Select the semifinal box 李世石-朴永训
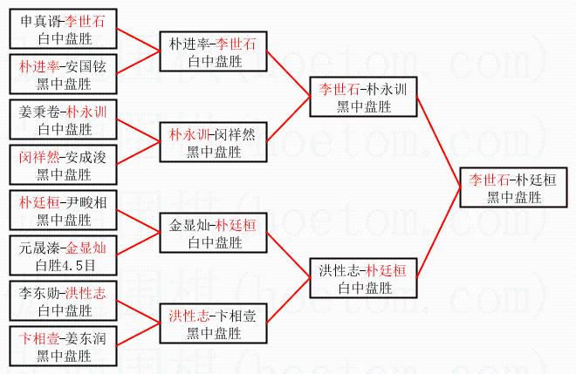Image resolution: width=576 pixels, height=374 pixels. pos(362,97)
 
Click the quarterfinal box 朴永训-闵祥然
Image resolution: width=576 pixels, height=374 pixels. pos(213,143)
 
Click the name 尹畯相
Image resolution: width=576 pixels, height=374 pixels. pos(89,202)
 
